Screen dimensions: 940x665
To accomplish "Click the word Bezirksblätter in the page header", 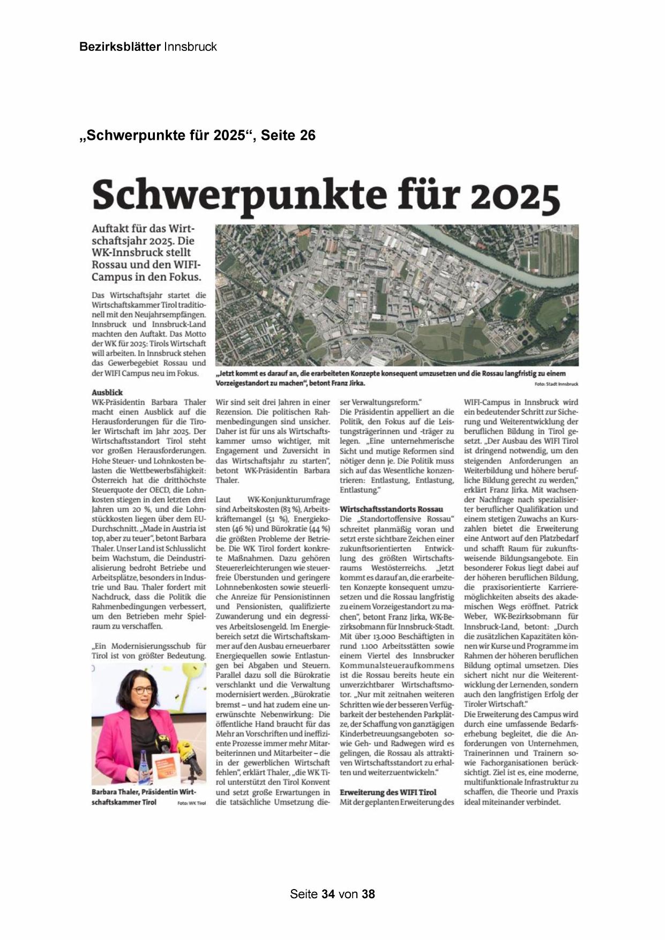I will click(119, 47).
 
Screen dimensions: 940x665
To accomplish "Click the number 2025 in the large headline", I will click(515, 196).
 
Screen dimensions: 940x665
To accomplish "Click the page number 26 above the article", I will click(308, 136).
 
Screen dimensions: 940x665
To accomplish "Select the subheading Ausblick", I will click(107, 392).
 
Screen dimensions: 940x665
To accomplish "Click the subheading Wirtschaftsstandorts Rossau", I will click(392, 509).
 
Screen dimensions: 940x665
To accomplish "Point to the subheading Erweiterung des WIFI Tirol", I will click(388, 792).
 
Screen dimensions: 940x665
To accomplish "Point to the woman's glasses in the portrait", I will click(142, 690).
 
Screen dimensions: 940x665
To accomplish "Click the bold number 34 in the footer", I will click(328, 894).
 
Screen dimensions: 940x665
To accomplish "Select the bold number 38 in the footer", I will click(368, 894).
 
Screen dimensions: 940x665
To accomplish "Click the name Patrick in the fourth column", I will click(566, 607).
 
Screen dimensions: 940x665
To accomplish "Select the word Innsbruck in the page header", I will click(190, 47).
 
